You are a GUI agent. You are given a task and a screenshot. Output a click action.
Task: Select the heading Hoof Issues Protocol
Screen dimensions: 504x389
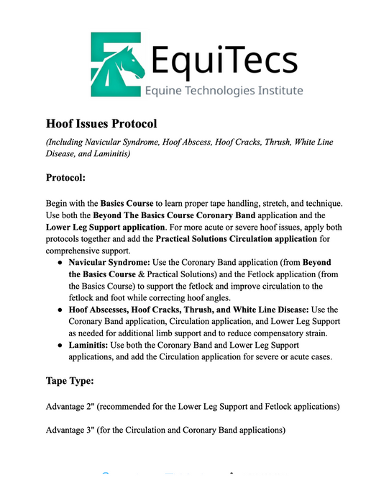pos(101,123)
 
